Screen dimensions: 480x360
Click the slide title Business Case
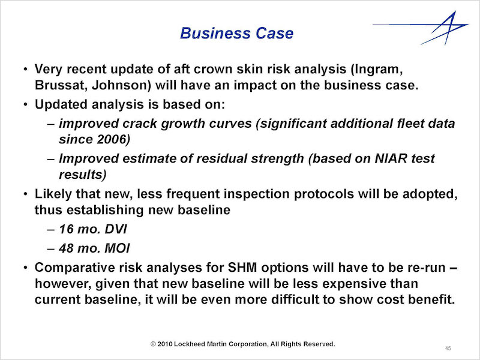[236, 33]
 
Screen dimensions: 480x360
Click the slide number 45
[448, 348]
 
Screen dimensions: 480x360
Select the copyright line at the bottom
[243, 344]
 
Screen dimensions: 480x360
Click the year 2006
[112, 139]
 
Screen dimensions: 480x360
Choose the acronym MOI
[117, 248]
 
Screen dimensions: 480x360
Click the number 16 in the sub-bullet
[66, 229]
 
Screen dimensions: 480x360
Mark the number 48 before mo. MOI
[67, 248]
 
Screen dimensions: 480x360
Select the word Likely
[53, 194]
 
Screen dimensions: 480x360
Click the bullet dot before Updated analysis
[26, 104]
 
